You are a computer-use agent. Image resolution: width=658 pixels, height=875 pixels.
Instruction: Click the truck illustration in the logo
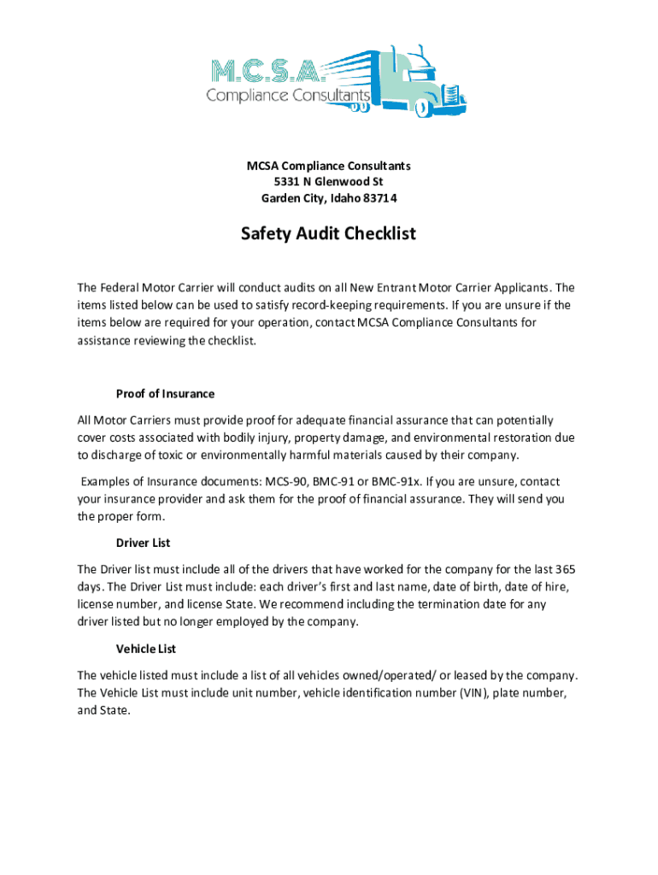pos(422,81)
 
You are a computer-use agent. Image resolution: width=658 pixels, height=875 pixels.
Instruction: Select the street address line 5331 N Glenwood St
pos(328,182)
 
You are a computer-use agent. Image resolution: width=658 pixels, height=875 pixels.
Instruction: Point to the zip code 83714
pos(379,199)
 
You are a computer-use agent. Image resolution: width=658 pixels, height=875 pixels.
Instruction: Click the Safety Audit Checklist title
pos(328,233)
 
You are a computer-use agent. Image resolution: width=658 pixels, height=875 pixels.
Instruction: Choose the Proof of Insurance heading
pos(165,394)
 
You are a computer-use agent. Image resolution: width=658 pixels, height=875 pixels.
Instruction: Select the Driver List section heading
pos(143,543)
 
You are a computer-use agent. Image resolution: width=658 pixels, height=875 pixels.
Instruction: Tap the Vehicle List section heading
pos(146,649)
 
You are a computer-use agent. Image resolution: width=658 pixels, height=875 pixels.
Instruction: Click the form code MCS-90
pos(283,481)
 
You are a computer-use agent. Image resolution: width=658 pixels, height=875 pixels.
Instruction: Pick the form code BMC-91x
pos(401,481)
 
